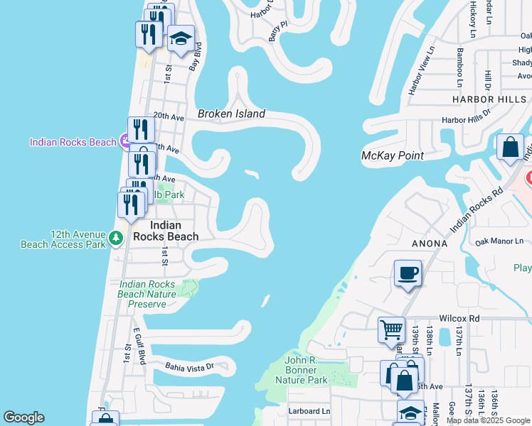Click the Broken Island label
tap(231, 114)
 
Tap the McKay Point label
tap(393, 155)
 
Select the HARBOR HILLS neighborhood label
tap(489, 99)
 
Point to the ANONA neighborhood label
tap(429, 244)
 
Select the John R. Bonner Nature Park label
tap(305, 370)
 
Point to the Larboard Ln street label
tap(309, 411)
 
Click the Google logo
tap(23, 417)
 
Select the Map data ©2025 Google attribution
tap(488, 420)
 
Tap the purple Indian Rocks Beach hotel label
tap(73, 142)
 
